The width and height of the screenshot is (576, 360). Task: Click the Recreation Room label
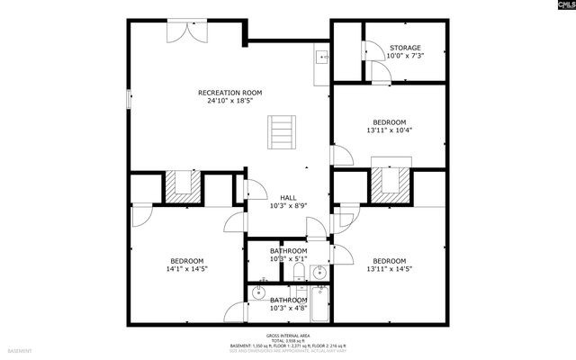(230, 93)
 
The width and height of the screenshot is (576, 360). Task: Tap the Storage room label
(404, 48)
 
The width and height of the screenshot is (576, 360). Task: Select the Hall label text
(288, 198)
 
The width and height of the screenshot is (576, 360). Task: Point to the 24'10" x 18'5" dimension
(230, 101)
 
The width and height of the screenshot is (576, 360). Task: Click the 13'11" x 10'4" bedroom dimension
(390, 130)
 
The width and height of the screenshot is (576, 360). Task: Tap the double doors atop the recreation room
(188, 31)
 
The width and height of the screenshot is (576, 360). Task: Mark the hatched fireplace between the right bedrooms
(391, 185)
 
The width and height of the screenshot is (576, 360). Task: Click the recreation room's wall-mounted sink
(321, 56)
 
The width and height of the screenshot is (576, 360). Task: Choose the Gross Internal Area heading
(288, 334)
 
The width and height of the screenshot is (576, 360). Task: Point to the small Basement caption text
(20, 350)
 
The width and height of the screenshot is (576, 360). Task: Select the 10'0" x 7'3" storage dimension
(404, 56)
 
